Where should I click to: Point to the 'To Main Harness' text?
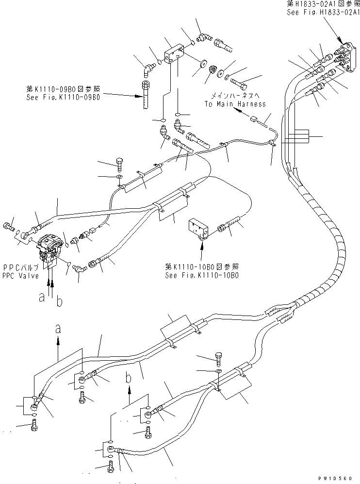235,104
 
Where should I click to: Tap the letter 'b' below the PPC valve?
59,302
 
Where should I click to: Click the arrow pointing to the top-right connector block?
338,34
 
